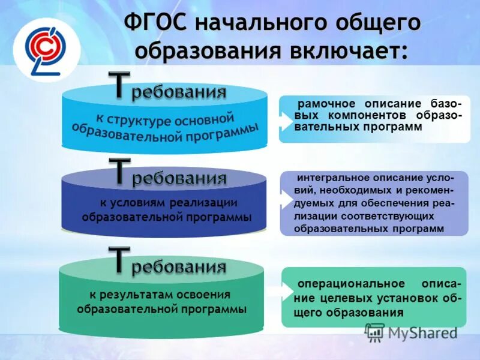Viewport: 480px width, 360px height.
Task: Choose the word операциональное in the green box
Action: click(x=341, y=283)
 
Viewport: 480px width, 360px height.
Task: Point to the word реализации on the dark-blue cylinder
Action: click(x=203, y=202)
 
